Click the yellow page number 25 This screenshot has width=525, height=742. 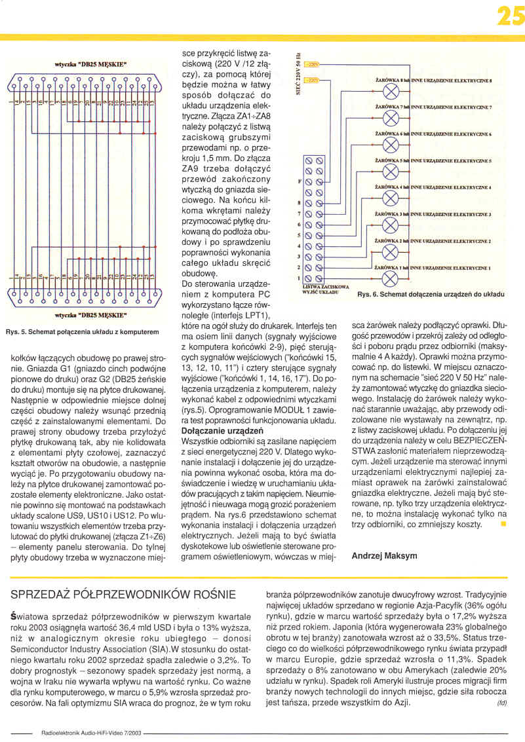coord(510,16)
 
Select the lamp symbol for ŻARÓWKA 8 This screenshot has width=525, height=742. coord(391,89)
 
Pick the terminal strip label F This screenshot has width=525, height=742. coord(300,181)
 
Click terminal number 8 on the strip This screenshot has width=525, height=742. coord(300,202)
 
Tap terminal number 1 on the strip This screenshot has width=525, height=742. coord(300,278)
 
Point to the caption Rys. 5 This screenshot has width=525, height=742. coord(82,332)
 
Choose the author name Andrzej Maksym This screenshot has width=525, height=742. coord(385,556)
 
